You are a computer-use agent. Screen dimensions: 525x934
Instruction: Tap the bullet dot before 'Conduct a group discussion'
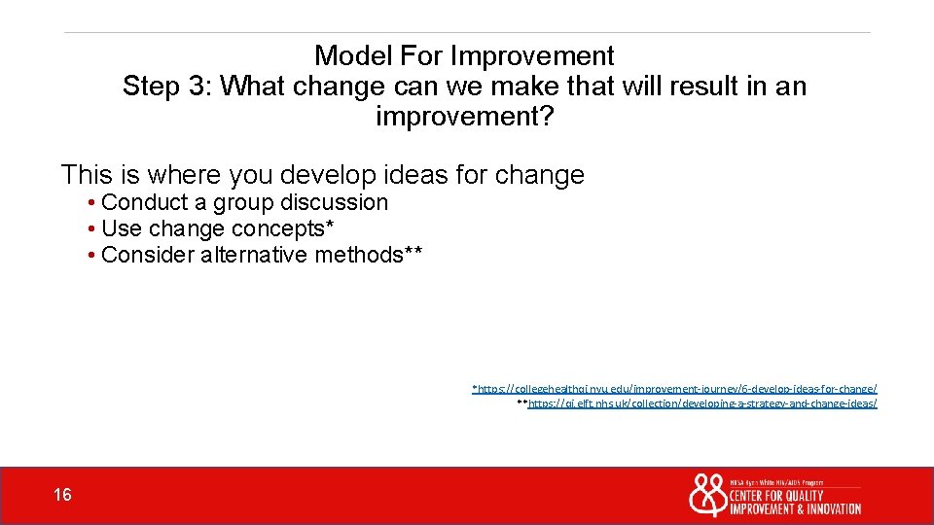coord(90,203)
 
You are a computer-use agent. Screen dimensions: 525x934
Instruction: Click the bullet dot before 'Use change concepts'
coord(90,229)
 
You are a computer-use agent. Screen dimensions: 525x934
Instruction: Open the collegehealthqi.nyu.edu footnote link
coord(675,388)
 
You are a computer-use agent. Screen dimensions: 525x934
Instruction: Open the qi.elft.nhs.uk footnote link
coord(700,402)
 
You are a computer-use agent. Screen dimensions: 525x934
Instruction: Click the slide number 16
coord(62,496)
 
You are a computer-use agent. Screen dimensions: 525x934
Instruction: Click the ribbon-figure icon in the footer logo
coord(707,495)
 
